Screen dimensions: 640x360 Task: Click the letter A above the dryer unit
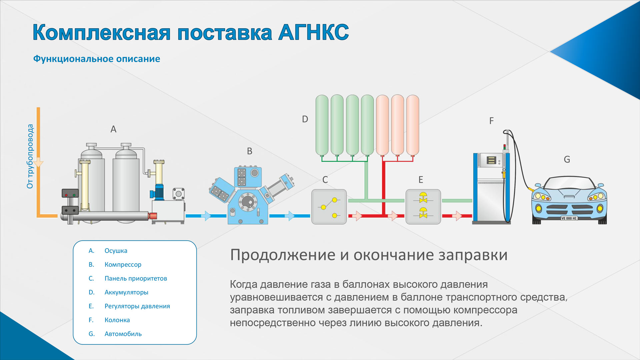click(113, 129)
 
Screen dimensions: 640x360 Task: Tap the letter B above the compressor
click(250, 151)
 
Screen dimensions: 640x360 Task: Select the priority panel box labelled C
click(329, 207)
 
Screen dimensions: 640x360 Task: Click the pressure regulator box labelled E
click(423, 207)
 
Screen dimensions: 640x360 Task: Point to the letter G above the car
click(567, 159)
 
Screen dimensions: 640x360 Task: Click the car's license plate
click(569, 218)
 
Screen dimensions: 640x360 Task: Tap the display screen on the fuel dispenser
click(491, 160)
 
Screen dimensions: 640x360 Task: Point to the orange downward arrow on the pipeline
click(38, 162)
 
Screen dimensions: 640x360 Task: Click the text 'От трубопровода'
click(30, 156)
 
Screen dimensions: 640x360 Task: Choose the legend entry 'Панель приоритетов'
click(136, 278)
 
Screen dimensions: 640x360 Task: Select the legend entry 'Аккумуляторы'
click(126, 292)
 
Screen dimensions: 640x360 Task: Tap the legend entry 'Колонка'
click(117, 320)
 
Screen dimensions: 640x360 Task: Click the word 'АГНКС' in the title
click(314, 32)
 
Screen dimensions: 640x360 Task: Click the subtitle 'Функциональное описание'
click(97, 59)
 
